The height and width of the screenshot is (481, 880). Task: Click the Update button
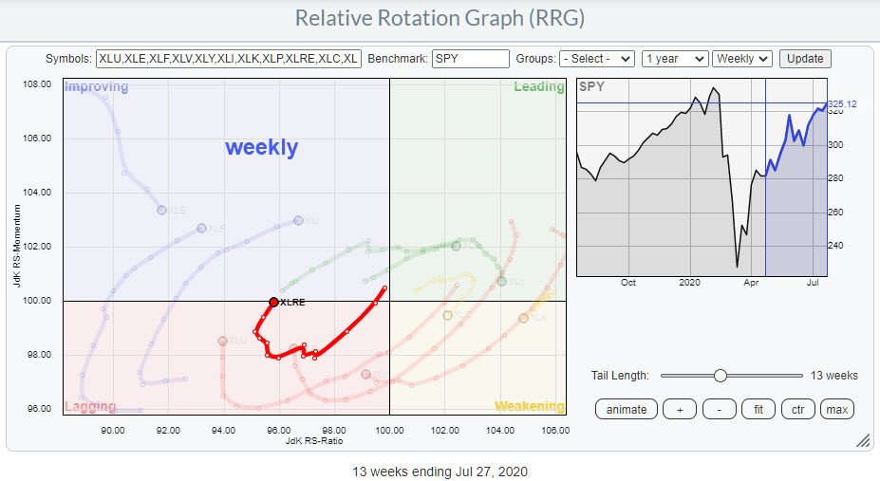(x=805, y=59)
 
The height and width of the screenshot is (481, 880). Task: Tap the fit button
(x=758, y=409)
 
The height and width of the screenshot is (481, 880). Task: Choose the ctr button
(x=797, y=409)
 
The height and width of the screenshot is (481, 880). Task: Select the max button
(x=836, y=409)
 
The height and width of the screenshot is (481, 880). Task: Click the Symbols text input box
(x=228, y=59)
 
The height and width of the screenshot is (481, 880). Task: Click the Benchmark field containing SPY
(x=470, y=59)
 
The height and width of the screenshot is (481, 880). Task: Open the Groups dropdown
(x=596, y=59)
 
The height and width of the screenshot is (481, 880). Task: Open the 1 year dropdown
(x=674, y=59)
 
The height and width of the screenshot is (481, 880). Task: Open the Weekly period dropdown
(x=741, y=59)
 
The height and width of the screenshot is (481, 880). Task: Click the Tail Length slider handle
(x=721, y=376)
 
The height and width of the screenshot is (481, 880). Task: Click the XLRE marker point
(x=273, y=302)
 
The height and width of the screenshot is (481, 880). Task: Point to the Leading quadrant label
(x=538, y=87)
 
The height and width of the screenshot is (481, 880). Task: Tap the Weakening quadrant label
(x=529, y=407)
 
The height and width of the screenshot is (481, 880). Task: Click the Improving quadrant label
(x=96, y=87)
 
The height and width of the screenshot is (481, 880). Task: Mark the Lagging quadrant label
(x=90, y=407)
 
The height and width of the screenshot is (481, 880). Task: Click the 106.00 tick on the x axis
(x=554, y=430)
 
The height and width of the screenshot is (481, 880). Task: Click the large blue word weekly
(x=261, y=148)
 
